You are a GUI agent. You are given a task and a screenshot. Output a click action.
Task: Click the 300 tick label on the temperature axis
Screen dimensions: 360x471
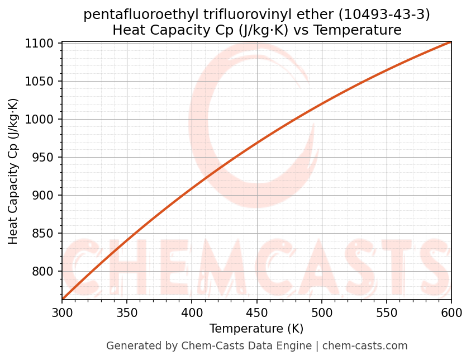(x=62, y=313)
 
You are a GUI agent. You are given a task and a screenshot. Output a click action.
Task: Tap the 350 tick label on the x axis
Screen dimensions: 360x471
(x=127, y=313)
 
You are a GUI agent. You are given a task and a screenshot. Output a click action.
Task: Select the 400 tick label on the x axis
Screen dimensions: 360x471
(x=192, y=313)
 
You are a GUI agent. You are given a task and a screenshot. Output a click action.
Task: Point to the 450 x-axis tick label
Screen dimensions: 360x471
(x=256, y=313)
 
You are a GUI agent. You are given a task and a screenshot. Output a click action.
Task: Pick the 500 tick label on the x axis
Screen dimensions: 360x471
(x=321, y=313)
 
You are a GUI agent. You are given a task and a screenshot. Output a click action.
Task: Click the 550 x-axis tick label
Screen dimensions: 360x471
(x=386, y=313)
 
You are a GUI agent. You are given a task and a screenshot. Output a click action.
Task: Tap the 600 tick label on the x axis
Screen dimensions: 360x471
(x=451, y=313)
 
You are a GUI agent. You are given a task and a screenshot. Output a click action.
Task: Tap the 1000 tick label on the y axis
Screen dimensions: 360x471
(x=43, y=120)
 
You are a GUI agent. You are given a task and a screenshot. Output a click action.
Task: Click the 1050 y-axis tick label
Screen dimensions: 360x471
(x=43, y=82)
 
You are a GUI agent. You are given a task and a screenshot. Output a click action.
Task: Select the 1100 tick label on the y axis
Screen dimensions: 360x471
(x=43, y=44)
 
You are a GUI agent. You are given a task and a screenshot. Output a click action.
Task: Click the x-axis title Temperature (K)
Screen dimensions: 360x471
(x=256, y=329)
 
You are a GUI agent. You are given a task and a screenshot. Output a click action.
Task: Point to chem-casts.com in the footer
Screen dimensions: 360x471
(x=365, y=346)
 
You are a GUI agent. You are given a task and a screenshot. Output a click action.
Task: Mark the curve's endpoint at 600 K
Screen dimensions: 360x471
(x=450, y=42)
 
